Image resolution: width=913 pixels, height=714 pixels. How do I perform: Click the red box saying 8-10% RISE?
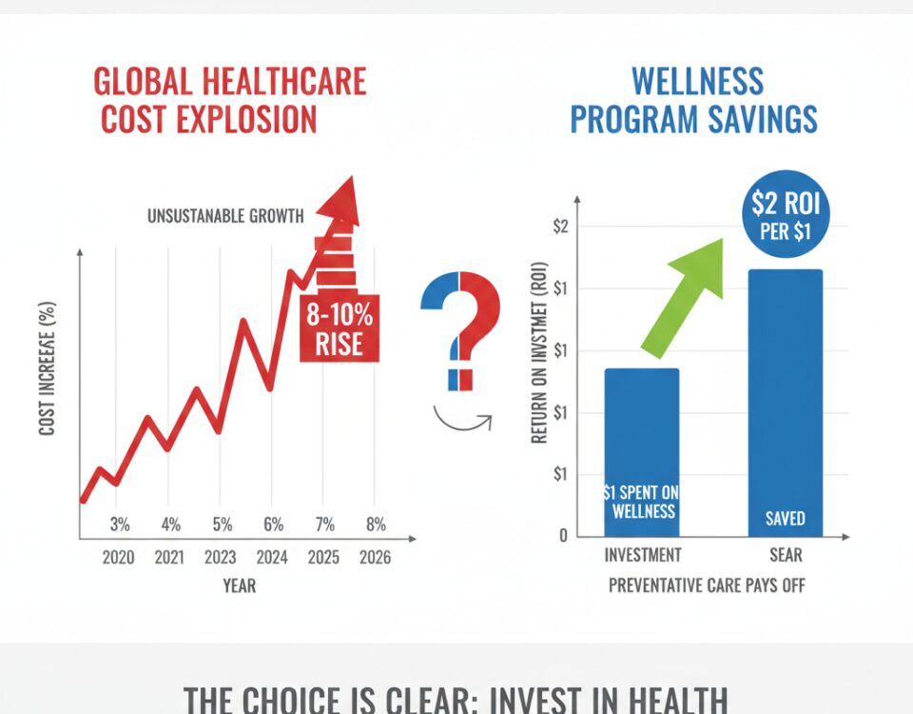tap(339, 328)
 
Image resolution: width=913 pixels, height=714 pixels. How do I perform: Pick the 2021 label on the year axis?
tap(169, 558)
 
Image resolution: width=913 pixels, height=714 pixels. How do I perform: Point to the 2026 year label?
tap(376, 558)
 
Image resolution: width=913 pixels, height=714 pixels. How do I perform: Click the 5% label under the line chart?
tap(222, 524)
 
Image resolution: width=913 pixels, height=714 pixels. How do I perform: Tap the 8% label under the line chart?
tap(376, 524)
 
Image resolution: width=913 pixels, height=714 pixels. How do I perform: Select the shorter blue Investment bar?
tap(642, 452)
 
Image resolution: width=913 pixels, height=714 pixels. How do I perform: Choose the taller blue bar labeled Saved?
tap(785, 403)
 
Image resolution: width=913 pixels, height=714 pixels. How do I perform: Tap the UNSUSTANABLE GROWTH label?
tap(225, 216)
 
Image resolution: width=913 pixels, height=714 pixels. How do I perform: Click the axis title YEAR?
tap(239, 586)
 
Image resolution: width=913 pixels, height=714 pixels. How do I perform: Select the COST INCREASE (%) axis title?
tap(48, 368)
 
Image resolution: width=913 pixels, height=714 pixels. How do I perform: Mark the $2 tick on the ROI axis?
tap(560, 227)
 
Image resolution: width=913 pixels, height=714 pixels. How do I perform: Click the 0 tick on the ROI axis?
tap(562, 536)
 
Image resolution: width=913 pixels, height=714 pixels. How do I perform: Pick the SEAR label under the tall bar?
tap(786, 554)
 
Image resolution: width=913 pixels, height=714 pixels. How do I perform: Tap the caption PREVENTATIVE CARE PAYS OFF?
tap(707, 585)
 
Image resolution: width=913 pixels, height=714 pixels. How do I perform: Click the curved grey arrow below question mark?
tap(461, 420)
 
